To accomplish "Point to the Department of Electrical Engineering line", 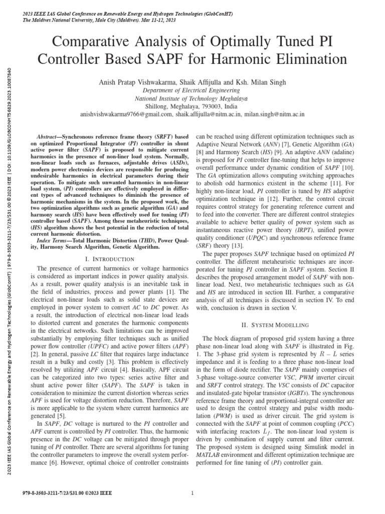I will click(192, 90).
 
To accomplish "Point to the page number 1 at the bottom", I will click(192, 494).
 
